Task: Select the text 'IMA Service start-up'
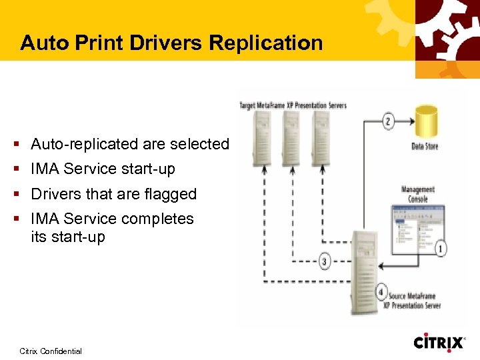click(103, 169)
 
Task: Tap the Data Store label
click(425, 146)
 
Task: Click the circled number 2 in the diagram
click(389, 121)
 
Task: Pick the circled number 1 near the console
click(441, 249)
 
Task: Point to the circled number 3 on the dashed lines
click(325, 262)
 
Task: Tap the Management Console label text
click(418, 194)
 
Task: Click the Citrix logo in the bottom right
click(439, 343)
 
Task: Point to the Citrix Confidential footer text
click(51, 351)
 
